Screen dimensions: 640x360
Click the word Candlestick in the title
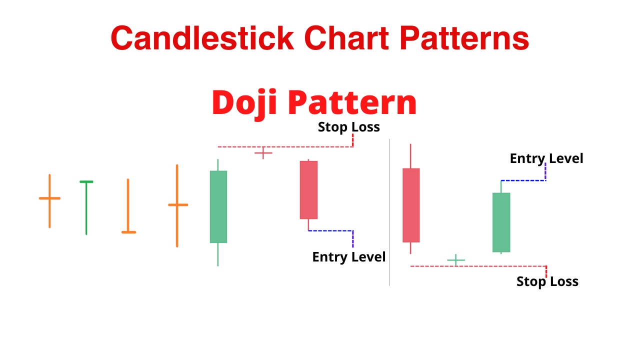202,38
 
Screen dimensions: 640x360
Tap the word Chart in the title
346,38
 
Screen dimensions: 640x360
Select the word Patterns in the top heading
464,38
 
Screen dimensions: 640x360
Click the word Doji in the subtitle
244,103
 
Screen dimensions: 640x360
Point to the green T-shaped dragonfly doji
86,207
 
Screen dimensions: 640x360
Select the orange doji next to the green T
49,201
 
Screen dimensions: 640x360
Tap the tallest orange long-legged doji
177,205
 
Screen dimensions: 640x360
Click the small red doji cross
263,153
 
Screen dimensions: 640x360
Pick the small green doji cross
456,260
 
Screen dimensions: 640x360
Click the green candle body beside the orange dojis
218,207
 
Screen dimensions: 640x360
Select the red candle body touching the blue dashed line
308,190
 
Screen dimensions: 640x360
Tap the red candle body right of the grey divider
411,205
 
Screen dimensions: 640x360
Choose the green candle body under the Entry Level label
501,222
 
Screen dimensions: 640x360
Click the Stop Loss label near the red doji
349,127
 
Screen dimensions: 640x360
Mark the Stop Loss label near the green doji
547,281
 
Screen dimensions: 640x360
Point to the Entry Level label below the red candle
349,257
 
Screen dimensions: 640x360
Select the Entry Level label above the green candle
546,158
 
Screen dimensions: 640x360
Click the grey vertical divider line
389,212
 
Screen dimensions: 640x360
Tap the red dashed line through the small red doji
285,147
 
